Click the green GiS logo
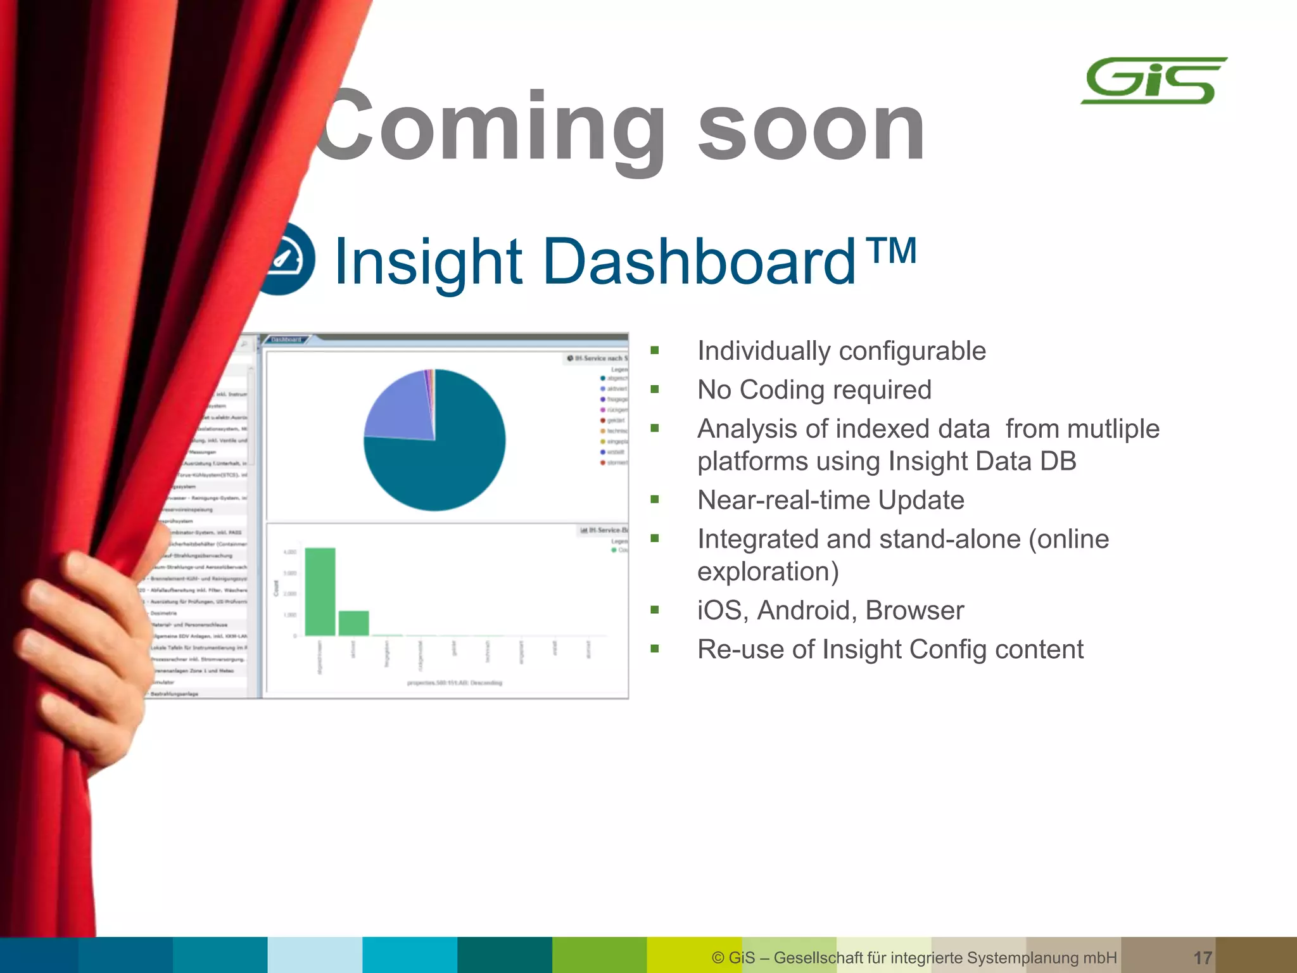coord(1153,81)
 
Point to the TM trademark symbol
coord(893,251)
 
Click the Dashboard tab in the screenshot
coord(286,340)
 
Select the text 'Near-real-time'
coord(783,500)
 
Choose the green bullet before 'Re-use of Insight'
coord(655,649)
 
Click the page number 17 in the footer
coord(1202,957)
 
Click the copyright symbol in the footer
coord(718,957)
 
